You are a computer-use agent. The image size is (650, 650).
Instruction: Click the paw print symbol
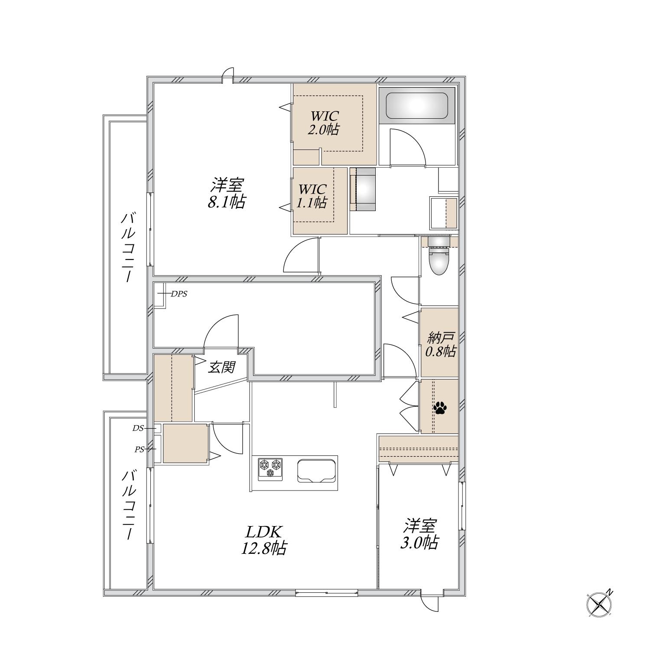pos(440,407)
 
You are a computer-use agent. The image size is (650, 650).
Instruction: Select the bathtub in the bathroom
pos(416,106)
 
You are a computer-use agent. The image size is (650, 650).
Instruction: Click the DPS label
pos(179,294)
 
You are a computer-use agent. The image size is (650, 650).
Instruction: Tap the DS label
pos(138,428)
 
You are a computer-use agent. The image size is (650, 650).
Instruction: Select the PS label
pos(139,450)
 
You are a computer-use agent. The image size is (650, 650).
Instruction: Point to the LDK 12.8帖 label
pos(264,540)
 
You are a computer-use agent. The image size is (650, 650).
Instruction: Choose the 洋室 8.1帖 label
pos(227,193)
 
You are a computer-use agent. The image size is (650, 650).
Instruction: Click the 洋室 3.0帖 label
pos(419,534)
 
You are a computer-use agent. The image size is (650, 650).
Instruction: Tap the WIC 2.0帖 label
pos(324,123)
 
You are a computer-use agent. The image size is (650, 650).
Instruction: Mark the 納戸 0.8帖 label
pos(440,344)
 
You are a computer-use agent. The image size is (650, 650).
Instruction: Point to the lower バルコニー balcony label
pos(128,505)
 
